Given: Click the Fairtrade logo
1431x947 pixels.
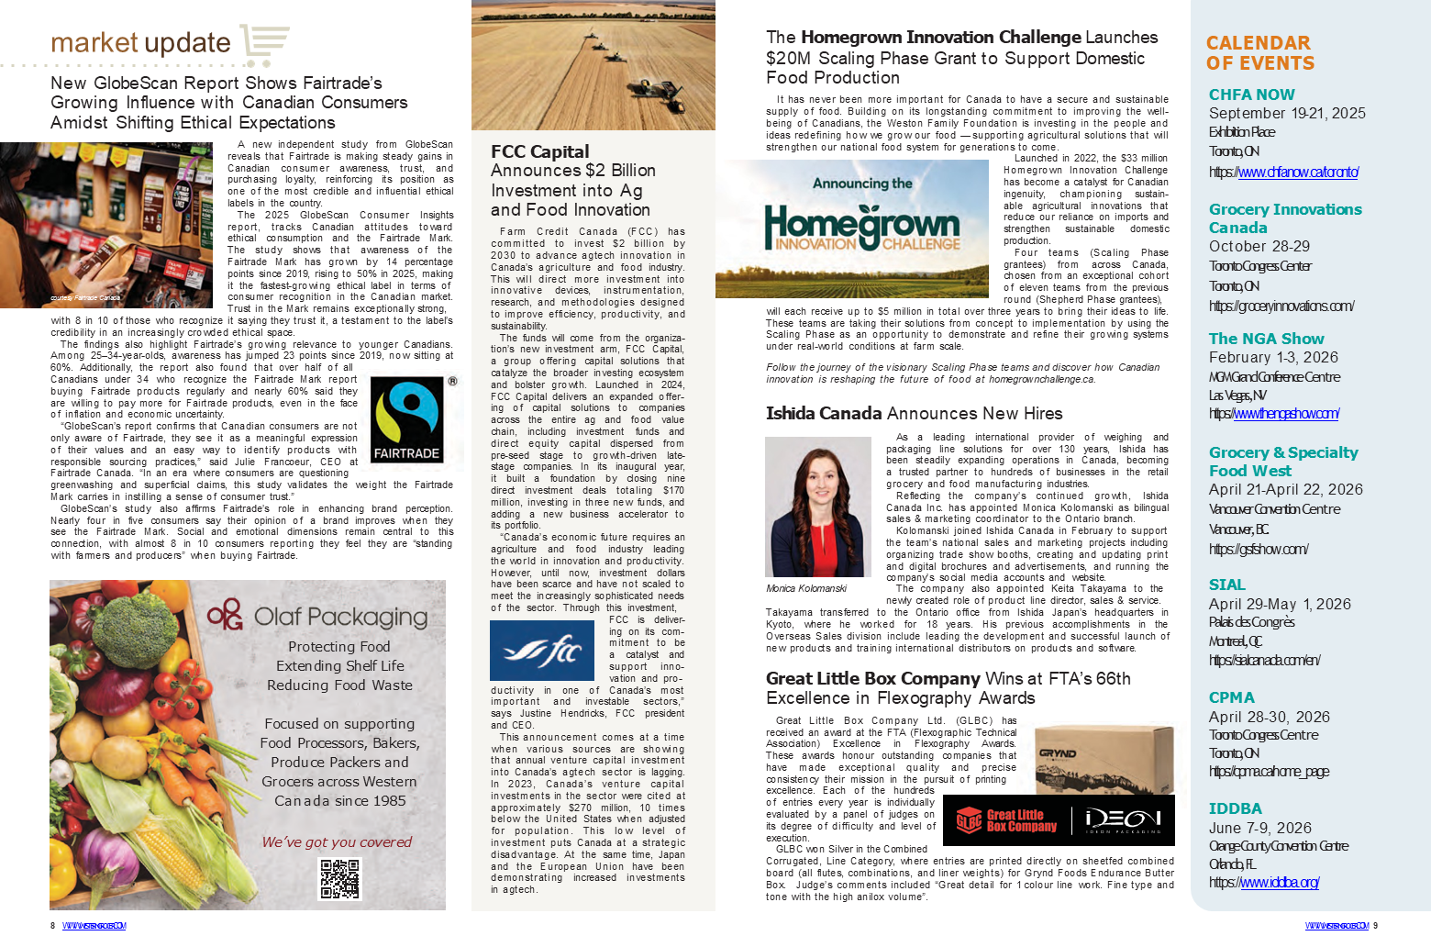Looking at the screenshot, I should pyautogui.click(x=406, y=420).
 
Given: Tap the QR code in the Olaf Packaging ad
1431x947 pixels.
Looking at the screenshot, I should pyautogui.click(x=338, y=879).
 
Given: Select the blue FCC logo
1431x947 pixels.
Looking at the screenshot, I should pyautogui.click(x=541, y=651).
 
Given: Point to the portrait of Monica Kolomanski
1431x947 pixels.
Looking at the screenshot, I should pyautogui.click(x=818, y=507).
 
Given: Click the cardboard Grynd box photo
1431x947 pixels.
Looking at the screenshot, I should pyautogui.click(x=1104, y=758).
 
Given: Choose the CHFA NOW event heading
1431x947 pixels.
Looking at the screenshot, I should pyautogui.click(x=1251, y=95).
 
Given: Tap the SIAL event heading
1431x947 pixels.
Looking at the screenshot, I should pyautogui.click(x=1226, y=585).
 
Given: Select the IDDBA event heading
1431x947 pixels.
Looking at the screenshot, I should pyautogui.click(x=1235, y=808).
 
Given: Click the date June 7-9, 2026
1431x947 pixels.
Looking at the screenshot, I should pyautogui.click(x=1259, y=828).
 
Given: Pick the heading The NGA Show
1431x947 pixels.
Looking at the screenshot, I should pyautogui.click(x=1266, y=339).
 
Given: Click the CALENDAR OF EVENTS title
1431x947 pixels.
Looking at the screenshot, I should pyautogui.click(x=1259, y=53).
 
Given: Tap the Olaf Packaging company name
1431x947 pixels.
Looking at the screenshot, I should pyautogui.click(x=340, y=617).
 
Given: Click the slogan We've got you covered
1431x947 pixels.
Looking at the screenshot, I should pyautogui.click(x=337, y=841).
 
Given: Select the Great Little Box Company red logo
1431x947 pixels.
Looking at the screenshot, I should pyautogui.click(x=1006, y=820).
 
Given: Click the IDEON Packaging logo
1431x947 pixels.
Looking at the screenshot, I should pyautogui.click(x=1123, y=820).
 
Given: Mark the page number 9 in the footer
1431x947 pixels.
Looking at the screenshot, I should pyautogui.click(x=1375, y=926).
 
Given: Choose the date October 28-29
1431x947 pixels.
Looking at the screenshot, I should pyautogui.click(x=1259, y=246).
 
